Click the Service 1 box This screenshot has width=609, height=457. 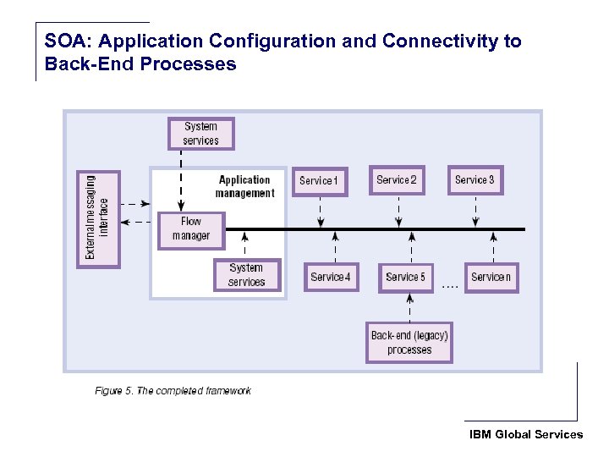point(319,181)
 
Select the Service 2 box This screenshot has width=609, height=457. point(397,180)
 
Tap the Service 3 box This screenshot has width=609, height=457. point(475,180)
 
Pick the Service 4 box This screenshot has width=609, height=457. point(331,277)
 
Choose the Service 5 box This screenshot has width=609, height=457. point(406,277)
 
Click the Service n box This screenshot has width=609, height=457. point(491,277)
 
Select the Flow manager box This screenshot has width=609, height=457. point(191,229)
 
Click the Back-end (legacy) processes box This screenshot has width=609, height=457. point(409,343)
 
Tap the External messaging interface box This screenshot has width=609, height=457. point(98,218)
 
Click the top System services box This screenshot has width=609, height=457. point(200,134)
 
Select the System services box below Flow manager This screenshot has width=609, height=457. point(246,275)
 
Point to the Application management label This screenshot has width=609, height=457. point(244,186)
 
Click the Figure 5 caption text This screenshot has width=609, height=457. point(173,391)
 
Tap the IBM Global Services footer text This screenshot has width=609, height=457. point(526,434)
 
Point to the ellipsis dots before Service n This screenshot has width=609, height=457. point(450,287)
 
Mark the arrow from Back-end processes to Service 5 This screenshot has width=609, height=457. point(409,306)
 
